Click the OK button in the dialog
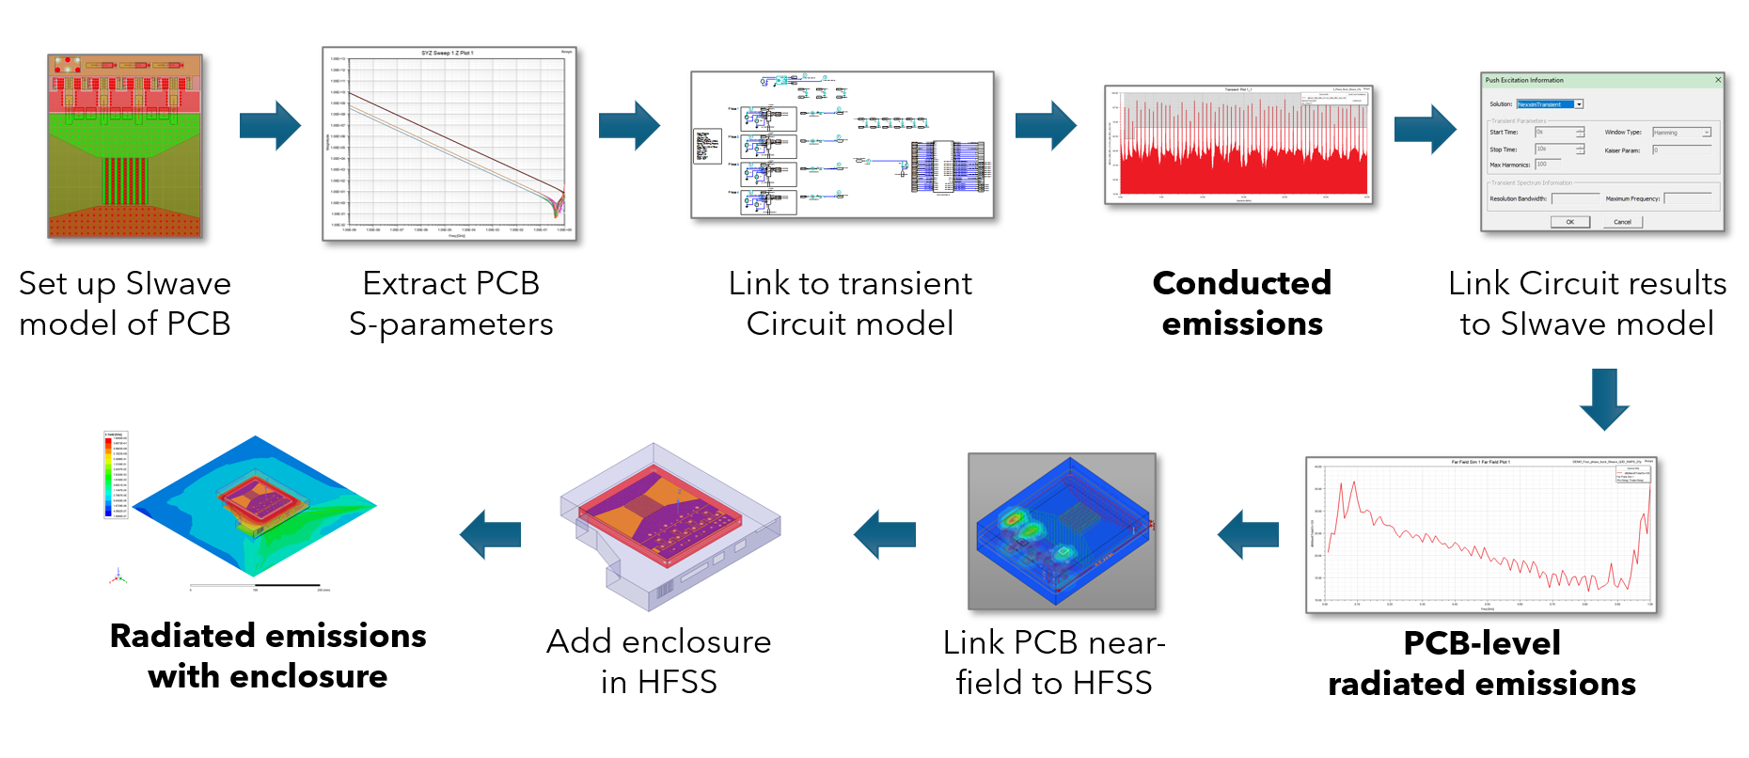pyautogui.click(x=1569, y=222)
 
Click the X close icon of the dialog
pyautogui.click(x=1718, y=80)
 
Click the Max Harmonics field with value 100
pyautogui.click(x=1547, y=165)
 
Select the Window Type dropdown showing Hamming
pyautogui.click(x=1681, y=133)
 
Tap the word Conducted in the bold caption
pyautogui.click(x=1241, y=283)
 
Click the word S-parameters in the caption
pyautogui.click(x=450, y=324)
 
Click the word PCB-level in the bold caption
pyautogui.click(x=1482, y=643)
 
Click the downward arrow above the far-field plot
pyautogui.click(x=1604, y=399)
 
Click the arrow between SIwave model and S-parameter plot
pyautogui.click(x=270, y=125)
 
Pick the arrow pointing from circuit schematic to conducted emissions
pyautogui.click(x=1046, y=125)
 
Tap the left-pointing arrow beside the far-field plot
pyautogui.click(x=1248, y=534)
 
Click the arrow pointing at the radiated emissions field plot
pyautogui.click(x=490, y=534)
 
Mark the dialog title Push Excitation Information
pyautogui.click(x=1524, y=80)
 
